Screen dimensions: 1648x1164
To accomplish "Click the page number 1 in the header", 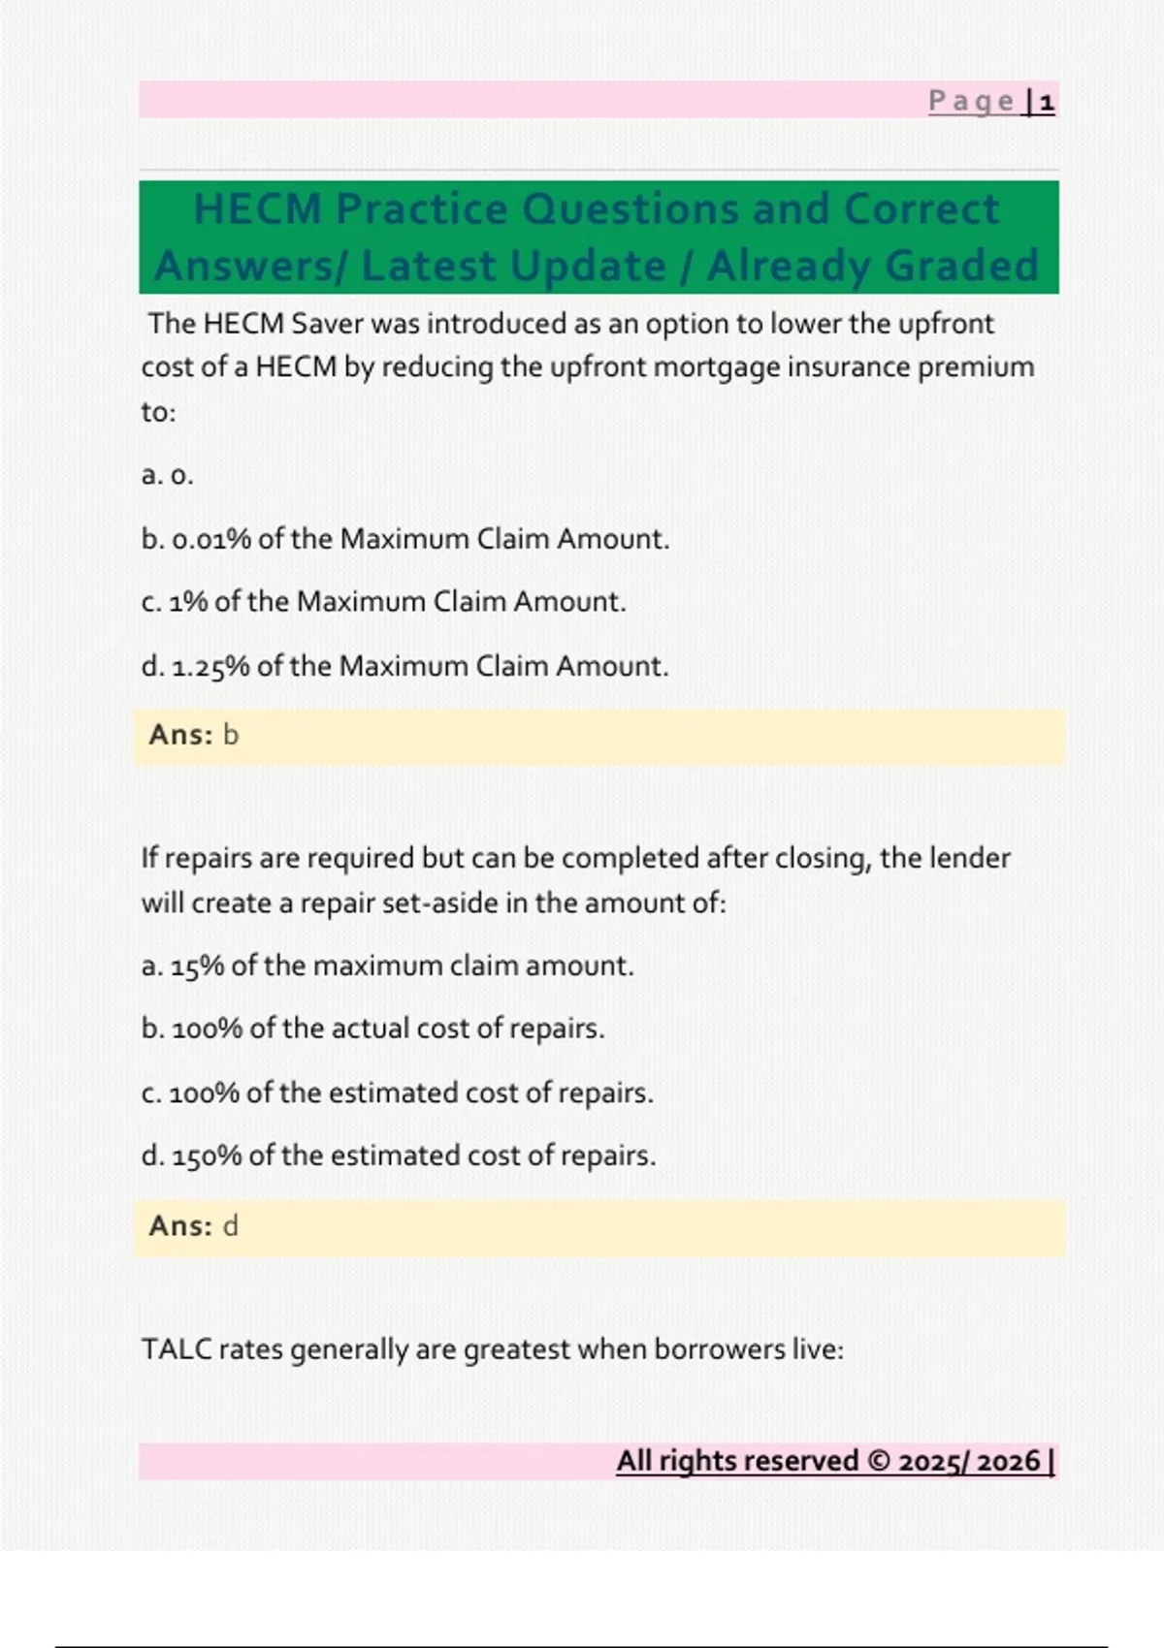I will (1047, 102).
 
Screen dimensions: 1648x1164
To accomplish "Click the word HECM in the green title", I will (257, 209).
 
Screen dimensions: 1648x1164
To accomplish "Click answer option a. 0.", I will (168, 475).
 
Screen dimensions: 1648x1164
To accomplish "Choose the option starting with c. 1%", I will (383, 602).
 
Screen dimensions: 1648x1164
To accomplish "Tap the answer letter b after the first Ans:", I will (230, 736).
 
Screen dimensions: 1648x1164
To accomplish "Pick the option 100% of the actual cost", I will (372, 1029).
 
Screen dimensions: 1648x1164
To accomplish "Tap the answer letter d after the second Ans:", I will (230, 1226).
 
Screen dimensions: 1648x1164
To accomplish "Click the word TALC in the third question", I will (177, 1349).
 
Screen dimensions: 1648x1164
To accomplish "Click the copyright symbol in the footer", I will (879, 1462).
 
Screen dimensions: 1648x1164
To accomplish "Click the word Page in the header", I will (971, 102).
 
